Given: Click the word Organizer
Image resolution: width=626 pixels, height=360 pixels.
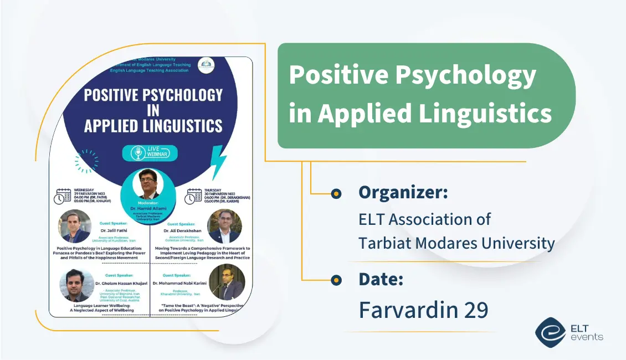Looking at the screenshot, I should coord(403,193).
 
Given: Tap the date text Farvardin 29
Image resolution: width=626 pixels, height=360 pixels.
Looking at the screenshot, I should coord(423,310).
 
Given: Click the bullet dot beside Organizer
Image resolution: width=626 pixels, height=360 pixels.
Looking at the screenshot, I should coord(336,193).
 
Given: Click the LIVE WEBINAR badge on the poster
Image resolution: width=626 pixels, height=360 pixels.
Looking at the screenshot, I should coord(153,153).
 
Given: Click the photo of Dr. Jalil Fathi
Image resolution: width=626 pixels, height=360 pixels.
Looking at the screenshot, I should coord(74,226).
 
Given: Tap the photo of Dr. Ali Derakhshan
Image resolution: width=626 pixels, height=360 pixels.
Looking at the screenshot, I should coord(224,226).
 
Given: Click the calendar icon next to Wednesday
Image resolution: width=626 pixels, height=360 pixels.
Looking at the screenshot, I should coord(62,196).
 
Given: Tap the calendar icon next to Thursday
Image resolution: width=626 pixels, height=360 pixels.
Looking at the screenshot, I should coord(193,196).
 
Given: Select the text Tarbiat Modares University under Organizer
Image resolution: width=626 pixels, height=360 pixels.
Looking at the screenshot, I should coord(456,243).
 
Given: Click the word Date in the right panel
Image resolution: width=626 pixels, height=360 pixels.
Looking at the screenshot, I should coord(381,280).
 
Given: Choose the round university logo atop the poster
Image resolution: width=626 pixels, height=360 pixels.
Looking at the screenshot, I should coord(206,65).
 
